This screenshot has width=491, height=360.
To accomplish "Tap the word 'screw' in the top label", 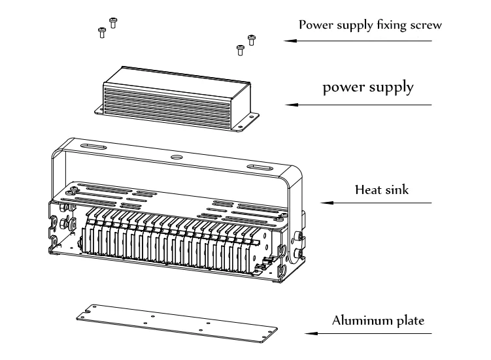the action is [x=426, y=25].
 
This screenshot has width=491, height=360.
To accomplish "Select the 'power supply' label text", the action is [x=368, y=88].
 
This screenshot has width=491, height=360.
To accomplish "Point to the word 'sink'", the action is [x=396, y=189].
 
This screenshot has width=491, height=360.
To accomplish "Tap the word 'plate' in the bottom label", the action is [x=410, y=321].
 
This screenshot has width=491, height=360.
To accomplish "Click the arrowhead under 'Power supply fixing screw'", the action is [x=290, y=41].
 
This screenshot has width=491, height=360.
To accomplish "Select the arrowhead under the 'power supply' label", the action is [x=292, y=105].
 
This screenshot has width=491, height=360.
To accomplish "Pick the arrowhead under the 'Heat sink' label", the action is [x=327, y=203].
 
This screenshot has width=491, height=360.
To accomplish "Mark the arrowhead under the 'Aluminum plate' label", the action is [x=311, y=333].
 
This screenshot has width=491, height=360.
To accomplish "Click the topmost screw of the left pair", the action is [x=113, y=23].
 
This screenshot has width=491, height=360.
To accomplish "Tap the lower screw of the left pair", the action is [x=102, y=33].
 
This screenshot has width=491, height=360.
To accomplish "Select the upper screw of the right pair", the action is [x=252, y=40].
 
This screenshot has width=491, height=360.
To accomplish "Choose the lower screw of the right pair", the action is [x=240, y=50].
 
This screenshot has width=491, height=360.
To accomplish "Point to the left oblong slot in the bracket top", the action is [x=93, y=146].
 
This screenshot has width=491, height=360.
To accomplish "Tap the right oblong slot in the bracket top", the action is [x=260, y=167].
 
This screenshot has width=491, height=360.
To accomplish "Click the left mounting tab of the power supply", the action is [x=99, y=110].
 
